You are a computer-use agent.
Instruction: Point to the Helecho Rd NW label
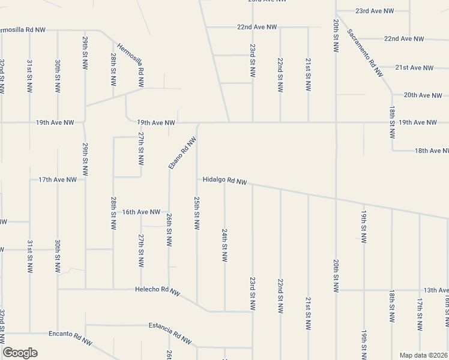[x=157, y=291]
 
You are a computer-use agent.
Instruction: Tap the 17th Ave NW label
[x=58, y=179]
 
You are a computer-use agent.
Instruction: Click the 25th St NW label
[x=196, y=212]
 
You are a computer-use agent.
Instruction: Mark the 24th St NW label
[x=224, y=245]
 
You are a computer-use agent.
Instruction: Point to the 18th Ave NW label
[x=431, y=151]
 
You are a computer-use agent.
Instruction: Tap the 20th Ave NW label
[x=423, y=95]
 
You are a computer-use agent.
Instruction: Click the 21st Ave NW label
[x=414, y=68]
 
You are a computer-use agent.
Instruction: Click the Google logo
[x=20, y=353]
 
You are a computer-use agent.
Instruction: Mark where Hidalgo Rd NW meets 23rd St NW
[x=252, y=185]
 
